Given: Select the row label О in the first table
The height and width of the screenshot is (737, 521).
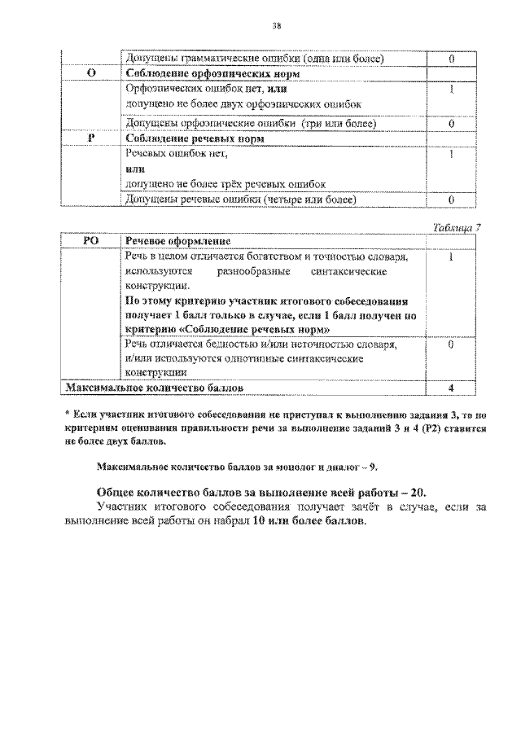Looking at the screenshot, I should click(x=91, y=73).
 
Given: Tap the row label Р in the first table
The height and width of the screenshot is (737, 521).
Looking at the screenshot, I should click(x=91, y=138).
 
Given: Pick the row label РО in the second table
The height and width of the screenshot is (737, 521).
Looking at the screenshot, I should click(x=91, y=241).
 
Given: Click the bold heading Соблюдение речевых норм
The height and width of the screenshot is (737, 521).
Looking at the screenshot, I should click(x=186, y=138).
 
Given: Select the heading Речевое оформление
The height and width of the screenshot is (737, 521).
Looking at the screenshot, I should click(x=177, y=241).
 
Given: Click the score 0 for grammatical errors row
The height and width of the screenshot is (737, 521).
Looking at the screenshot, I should click(x=450, y=58).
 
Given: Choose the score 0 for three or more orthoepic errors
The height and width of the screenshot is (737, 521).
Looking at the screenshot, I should click(x=450, y=124).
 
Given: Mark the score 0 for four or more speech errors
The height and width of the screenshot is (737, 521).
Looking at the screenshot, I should click(x=450, y=199).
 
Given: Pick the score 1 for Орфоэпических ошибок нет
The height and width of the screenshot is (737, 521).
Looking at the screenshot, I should click(x=450, y=90).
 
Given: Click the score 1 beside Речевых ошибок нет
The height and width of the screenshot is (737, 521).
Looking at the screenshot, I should click(x=450, y=155).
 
